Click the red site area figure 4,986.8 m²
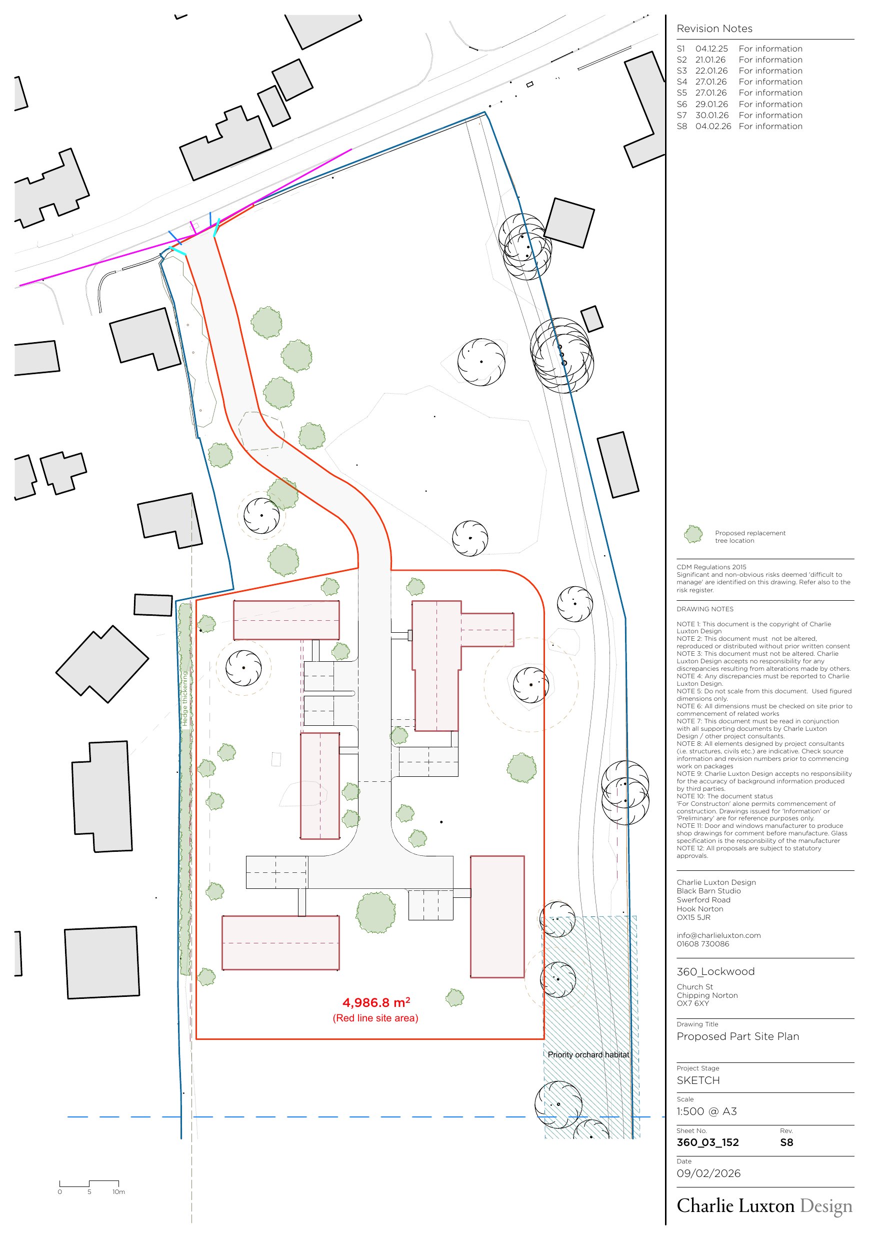click(376, 1002)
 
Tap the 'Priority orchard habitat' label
click(588, 1054)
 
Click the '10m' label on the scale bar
click(119, 1191)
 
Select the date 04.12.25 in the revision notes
click(711, 49)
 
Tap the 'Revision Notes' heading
click(714, 29)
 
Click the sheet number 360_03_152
click(707, 1142)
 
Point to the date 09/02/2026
click(708, 1173)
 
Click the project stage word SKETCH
click(698, 1080)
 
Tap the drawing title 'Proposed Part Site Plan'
click(737, 1036)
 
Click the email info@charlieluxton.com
click(718, 935)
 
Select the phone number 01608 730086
click(703, 944)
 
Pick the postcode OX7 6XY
click(692, 1003)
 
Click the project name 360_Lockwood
click(715, 971)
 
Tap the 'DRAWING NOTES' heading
click(705, 609)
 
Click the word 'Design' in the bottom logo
click(825, 1206)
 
